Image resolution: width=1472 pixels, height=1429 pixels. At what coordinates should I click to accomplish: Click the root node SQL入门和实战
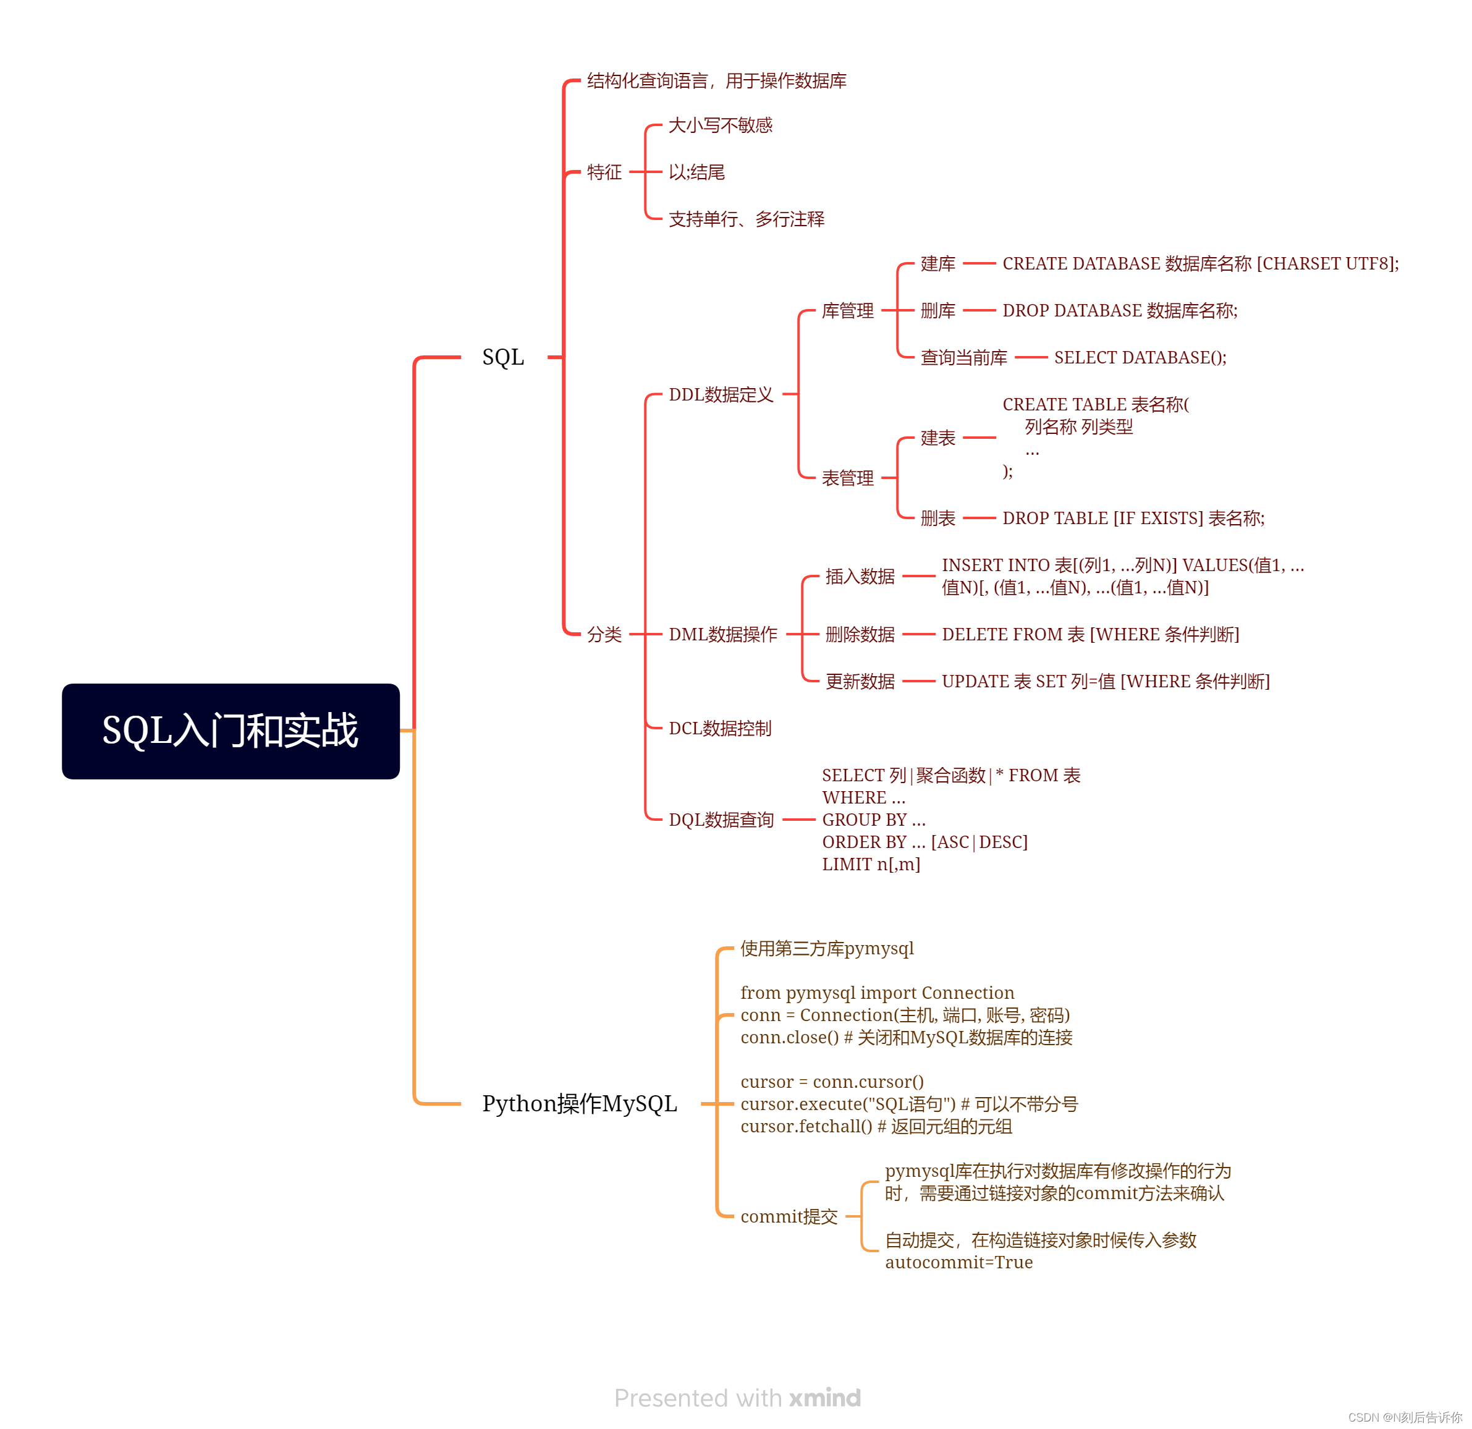tap(231, 731)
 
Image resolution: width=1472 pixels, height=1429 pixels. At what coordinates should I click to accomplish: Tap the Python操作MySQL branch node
tap(579, 1104)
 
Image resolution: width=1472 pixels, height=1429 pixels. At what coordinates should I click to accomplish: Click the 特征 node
tap(604, 172)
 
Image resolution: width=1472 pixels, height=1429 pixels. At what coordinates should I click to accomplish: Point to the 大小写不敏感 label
tap(719, 125)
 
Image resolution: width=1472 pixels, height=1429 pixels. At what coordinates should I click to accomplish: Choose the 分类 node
tap(604, 634)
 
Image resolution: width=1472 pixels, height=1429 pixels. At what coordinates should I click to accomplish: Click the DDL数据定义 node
tap(720, 394)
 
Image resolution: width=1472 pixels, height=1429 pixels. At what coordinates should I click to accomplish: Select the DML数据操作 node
tap(722, 634)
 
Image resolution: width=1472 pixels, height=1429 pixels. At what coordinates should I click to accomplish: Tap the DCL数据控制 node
tap(719, 728)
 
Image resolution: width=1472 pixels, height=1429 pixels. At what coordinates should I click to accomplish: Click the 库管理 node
tap(847, 310)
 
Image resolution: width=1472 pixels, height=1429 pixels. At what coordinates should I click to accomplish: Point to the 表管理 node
tap(847, 478)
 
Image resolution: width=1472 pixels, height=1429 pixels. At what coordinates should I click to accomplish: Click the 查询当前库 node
tap(963, 358)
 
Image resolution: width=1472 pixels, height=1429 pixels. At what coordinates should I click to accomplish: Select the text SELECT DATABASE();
tap(1140, 358)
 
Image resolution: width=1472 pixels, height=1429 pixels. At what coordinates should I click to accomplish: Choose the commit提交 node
tap(789, 1216)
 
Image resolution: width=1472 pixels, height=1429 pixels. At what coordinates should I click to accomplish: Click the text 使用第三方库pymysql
tap(826, 948)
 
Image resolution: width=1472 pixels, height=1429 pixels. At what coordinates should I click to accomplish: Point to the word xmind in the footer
tap(824, 1397)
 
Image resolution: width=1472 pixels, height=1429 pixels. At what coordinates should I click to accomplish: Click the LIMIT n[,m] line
tap(871, 864)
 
